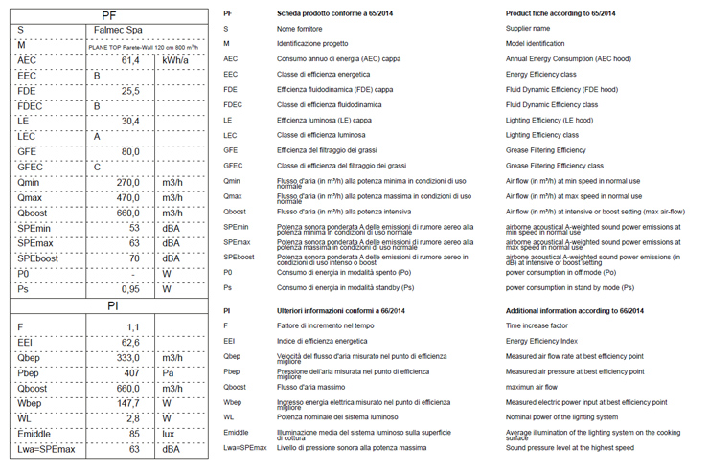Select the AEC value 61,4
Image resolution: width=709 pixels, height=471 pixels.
click(130, 60)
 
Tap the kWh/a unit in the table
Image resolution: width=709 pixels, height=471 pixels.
click(175, 60)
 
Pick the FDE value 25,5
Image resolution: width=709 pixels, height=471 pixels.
click(130, 91)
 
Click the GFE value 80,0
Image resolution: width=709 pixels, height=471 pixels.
click(130, 151)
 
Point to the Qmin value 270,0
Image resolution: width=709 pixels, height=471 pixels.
click(128, 182)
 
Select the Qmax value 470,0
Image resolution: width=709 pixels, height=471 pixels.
click(128, 197)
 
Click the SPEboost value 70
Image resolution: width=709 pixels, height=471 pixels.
click(135, 258)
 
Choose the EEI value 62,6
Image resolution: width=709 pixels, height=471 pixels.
click(130, 342)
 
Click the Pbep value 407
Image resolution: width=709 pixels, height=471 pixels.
click(132, 372)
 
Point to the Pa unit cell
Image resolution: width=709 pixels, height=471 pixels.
click(169, 372)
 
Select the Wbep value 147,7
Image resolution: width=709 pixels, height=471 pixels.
click(128, 403)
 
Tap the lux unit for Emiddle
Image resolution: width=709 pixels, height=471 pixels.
click(170, 434)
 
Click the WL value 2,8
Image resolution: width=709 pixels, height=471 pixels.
click(133, 418)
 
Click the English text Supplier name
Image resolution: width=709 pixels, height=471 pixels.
click(527, 29)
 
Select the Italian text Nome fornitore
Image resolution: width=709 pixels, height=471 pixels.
click(300, 29)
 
